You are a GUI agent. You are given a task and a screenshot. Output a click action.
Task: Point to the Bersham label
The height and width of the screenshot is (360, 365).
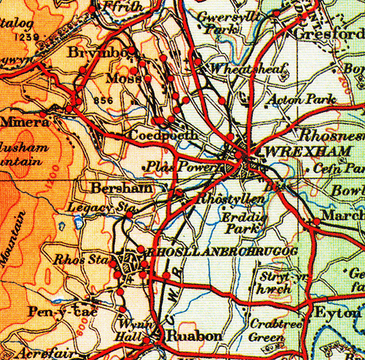point(120,188)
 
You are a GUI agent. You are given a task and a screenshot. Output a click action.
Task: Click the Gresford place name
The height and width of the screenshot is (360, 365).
point(329,34)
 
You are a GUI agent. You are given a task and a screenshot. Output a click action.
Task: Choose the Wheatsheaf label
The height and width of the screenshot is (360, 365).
point(248,70)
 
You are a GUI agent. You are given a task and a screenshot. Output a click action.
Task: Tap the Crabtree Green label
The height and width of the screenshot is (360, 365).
point(267,330)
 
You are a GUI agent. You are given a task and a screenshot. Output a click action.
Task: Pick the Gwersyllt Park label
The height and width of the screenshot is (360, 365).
point(218,23)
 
